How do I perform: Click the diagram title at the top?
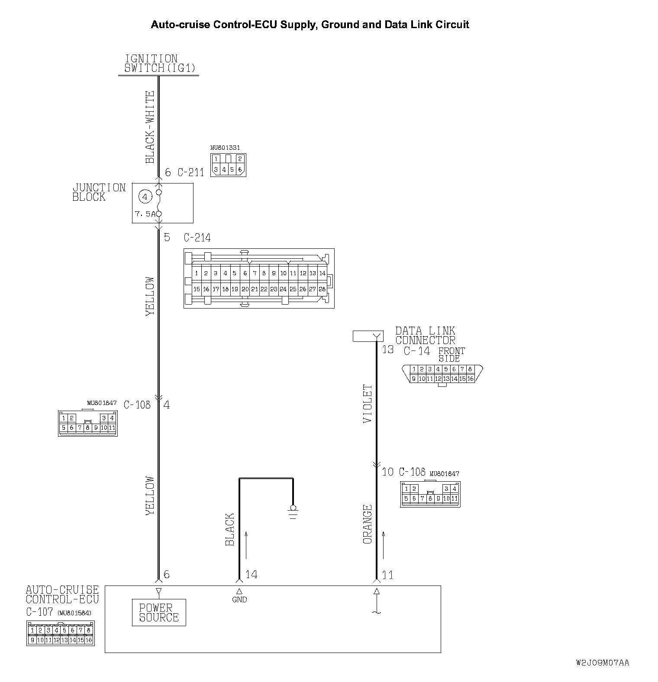(x=310, y=25)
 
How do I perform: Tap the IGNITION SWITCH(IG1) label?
(x=159, y=63)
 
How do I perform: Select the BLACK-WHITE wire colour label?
(x=150, y=127)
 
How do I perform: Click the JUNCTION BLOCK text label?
(x=98, y=192)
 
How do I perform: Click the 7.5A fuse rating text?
(x=145, y=214)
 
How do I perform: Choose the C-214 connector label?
(x=197, y=238)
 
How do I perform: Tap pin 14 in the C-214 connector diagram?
(x=322, y=273)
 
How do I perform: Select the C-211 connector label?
(x=190, y=172)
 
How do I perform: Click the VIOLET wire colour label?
(x=368, y=403)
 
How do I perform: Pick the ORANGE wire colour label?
(x=368, y=524)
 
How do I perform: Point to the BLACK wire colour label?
(x=230, y=529)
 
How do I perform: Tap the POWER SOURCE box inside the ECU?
(x=159, y=612)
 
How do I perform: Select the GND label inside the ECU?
(x=239, y=599)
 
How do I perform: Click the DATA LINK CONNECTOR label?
(x=425, y=335)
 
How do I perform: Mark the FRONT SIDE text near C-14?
(x=451, y=354)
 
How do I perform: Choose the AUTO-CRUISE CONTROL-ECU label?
(x=62, y=594)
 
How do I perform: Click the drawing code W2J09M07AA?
(x=602, y=663)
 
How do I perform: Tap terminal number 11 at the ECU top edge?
(x=387, y=575)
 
